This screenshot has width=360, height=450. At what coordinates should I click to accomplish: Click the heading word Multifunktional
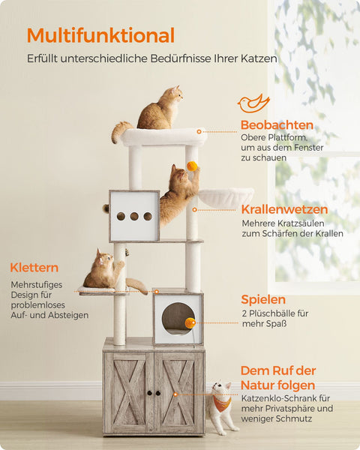click(100, 35)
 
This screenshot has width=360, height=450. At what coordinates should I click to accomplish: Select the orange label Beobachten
click(277, 125)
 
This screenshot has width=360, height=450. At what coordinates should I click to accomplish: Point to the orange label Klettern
click(34, 267)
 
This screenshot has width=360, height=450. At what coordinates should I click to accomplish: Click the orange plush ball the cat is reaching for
click(193, 166)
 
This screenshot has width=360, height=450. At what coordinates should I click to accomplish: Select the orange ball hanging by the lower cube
click(190, 322)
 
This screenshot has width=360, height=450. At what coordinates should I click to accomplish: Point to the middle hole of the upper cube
click(134, 216)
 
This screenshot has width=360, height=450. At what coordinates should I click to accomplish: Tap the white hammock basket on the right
click(226, 197)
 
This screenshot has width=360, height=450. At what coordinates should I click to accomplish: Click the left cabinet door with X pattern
click(128, 391)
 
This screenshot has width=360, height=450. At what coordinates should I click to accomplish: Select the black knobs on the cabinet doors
click(154, 393)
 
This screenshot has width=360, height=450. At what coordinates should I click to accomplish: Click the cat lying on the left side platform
click(105, 271)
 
